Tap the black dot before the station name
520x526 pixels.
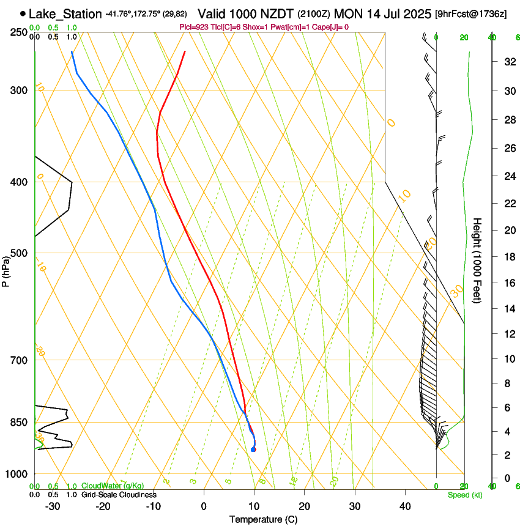point(23,13)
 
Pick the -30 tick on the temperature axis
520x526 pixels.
point(53,506)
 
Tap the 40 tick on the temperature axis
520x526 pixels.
point(405,506)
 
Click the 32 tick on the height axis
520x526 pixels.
point(508,62)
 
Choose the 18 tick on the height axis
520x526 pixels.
point(508,257)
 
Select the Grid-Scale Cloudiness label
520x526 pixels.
point(119,494)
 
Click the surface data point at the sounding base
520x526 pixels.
point(253,450)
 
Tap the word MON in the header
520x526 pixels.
point(347,13)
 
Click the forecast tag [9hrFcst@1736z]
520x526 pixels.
point(470,13)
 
